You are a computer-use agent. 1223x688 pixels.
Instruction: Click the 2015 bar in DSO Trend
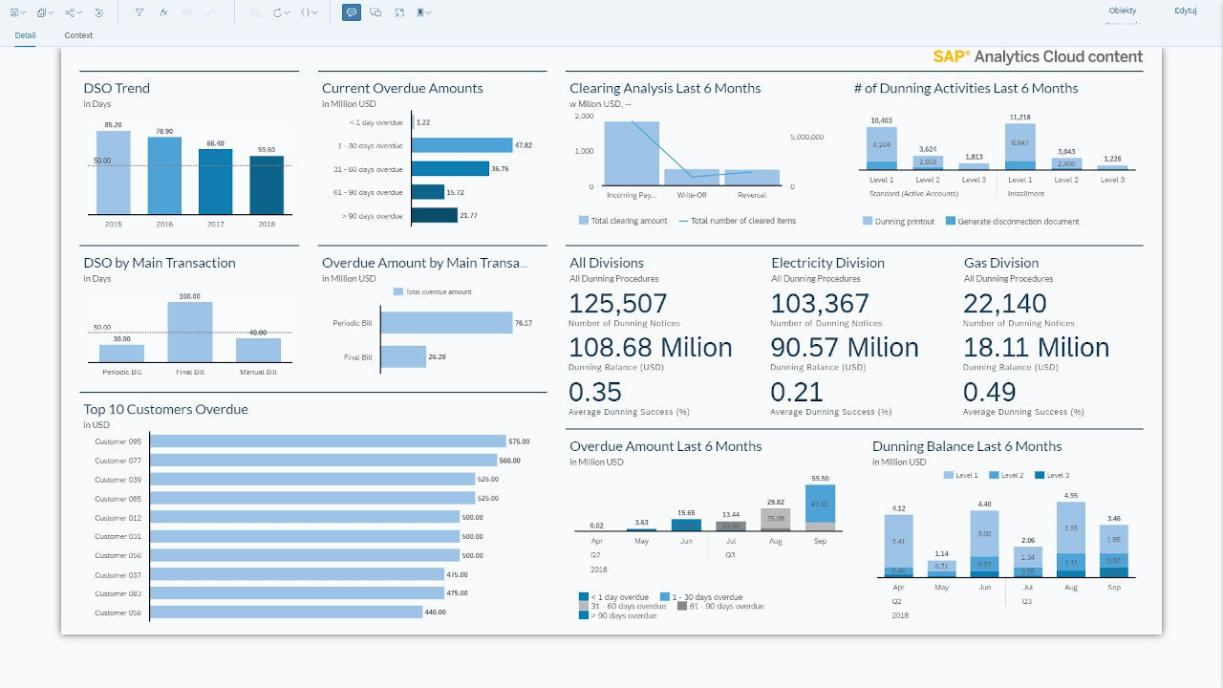pyautogui.click(x=114, y=172)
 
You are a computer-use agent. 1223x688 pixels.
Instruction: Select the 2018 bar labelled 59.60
pyautogui.click(x=267, y=185)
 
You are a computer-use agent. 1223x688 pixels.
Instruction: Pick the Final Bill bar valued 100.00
pyautogui.click(x=190, y=331)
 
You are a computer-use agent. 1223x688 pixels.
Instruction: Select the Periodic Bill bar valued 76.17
pyautogui.click(x=446, y=323)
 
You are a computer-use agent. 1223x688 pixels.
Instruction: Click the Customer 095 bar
pyautogui.click(x=328, y=441)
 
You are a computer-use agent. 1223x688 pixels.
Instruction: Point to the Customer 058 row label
pyautogui.click(x=118, y=613)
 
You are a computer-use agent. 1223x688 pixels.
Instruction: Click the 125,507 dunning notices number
pyautogui.click(x=618, y=304)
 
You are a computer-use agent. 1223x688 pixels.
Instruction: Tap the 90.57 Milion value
pyautogui.click(x=845, y=348)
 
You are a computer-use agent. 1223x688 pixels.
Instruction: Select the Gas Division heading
pyautogui.click(x=1000, y=263)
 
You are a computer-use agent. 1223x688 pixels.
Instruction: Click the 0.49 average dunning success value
pyautogui.click(x=989, y=393)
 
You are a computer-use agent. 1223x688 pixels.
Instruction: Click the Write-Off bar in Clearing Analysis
pyautogui.click(x=692, y=177)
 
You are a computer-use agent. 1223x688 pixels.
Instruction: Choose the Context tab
pyautogui.click(x=78, y=35)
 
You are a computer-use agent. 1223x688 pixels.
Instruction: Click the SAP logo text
pyautogui.click(x=952, y=56)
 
